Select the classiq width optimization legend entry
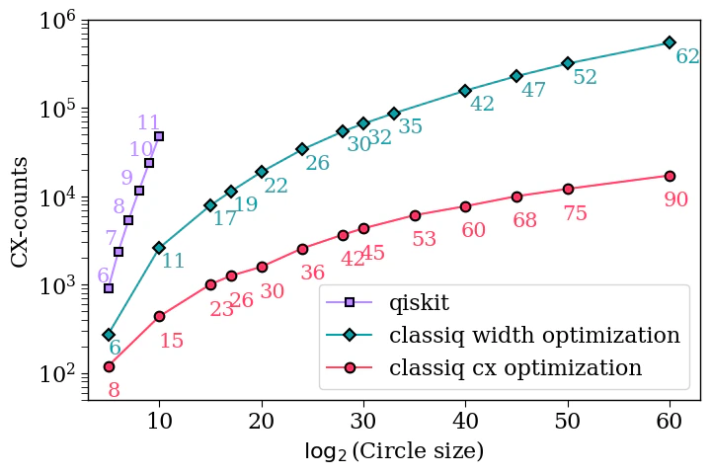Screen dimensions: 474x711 [x=534, y=336]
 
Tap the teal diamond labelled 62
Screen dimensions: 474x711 [x=670, y=42]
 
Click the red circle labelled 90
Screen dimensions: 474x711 [x=670, y=176]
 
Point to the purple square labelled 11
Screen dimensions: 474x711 [x=159, y=136]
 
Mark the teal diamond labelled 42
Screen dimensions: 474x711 [x=465, y=91]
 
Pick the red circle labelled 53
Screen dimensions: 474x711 [x=415, y=215]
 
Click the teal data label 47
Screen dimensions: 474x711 [x=533, y=90]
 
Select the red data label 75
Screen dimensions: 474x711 [x=575, y=213]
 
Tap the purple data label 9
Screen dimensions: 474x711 [x=126, y=178]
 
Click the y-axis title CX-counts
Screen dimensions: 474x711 [x=21, y=209]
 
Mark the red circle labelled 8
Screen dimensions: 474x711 [x=109, y=366]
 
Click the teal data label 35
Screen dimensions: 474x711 [x=410, y=127]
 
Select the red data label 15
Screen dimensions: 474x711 [x=172, y=341]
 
